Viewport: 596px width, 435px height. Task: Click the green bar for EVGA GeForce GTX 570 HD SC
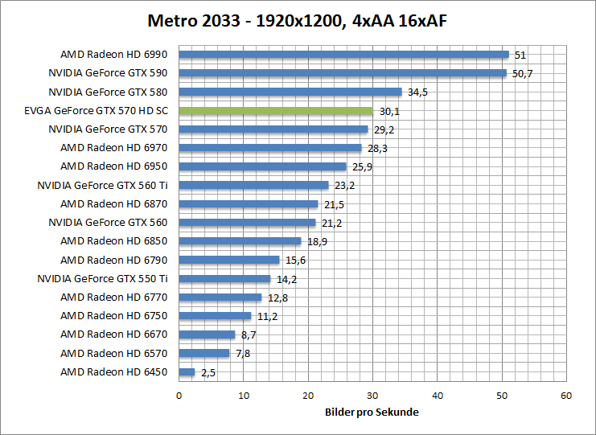[x=276, y=111]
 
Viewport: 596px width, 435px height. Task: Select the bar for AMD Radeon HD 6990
[x=343, y=55]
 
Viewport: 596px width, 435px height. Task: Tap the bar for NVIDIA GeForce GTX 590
[x=343, y=73]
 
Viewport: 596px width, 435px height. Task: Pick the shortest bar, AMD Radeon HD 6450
[x=187, y=372]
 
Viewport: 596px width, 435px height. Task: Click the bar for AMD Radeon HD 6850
[x=240, y=241]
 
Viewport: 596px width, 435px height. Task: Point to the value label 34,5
[x=418, y=92]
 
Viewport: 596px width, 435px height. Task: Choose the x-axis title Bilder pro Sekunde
[x=372, y=412]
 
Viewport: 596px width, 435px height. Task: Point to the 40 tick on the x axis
[x=438, y=396]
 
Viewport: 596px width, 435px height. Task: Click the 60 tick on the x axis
[x=566, y=396]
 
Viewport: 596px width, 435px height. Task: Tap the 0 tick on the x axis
[x=179, y=396]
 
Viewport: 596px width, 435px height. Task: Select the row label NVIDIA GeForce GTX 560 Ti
[x=103, y=185]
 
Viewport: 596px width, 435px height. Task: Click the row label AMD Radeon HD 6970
[x=114, y=148]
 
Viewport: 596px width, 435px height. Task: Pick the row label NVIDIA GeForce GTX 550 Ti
[x=103, y=278]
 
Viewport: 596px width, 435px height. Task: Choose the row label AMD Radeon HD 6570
[x=114, y=353]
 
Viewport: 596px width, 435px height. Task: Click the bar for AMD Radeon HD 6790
[x=229, y=260]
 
